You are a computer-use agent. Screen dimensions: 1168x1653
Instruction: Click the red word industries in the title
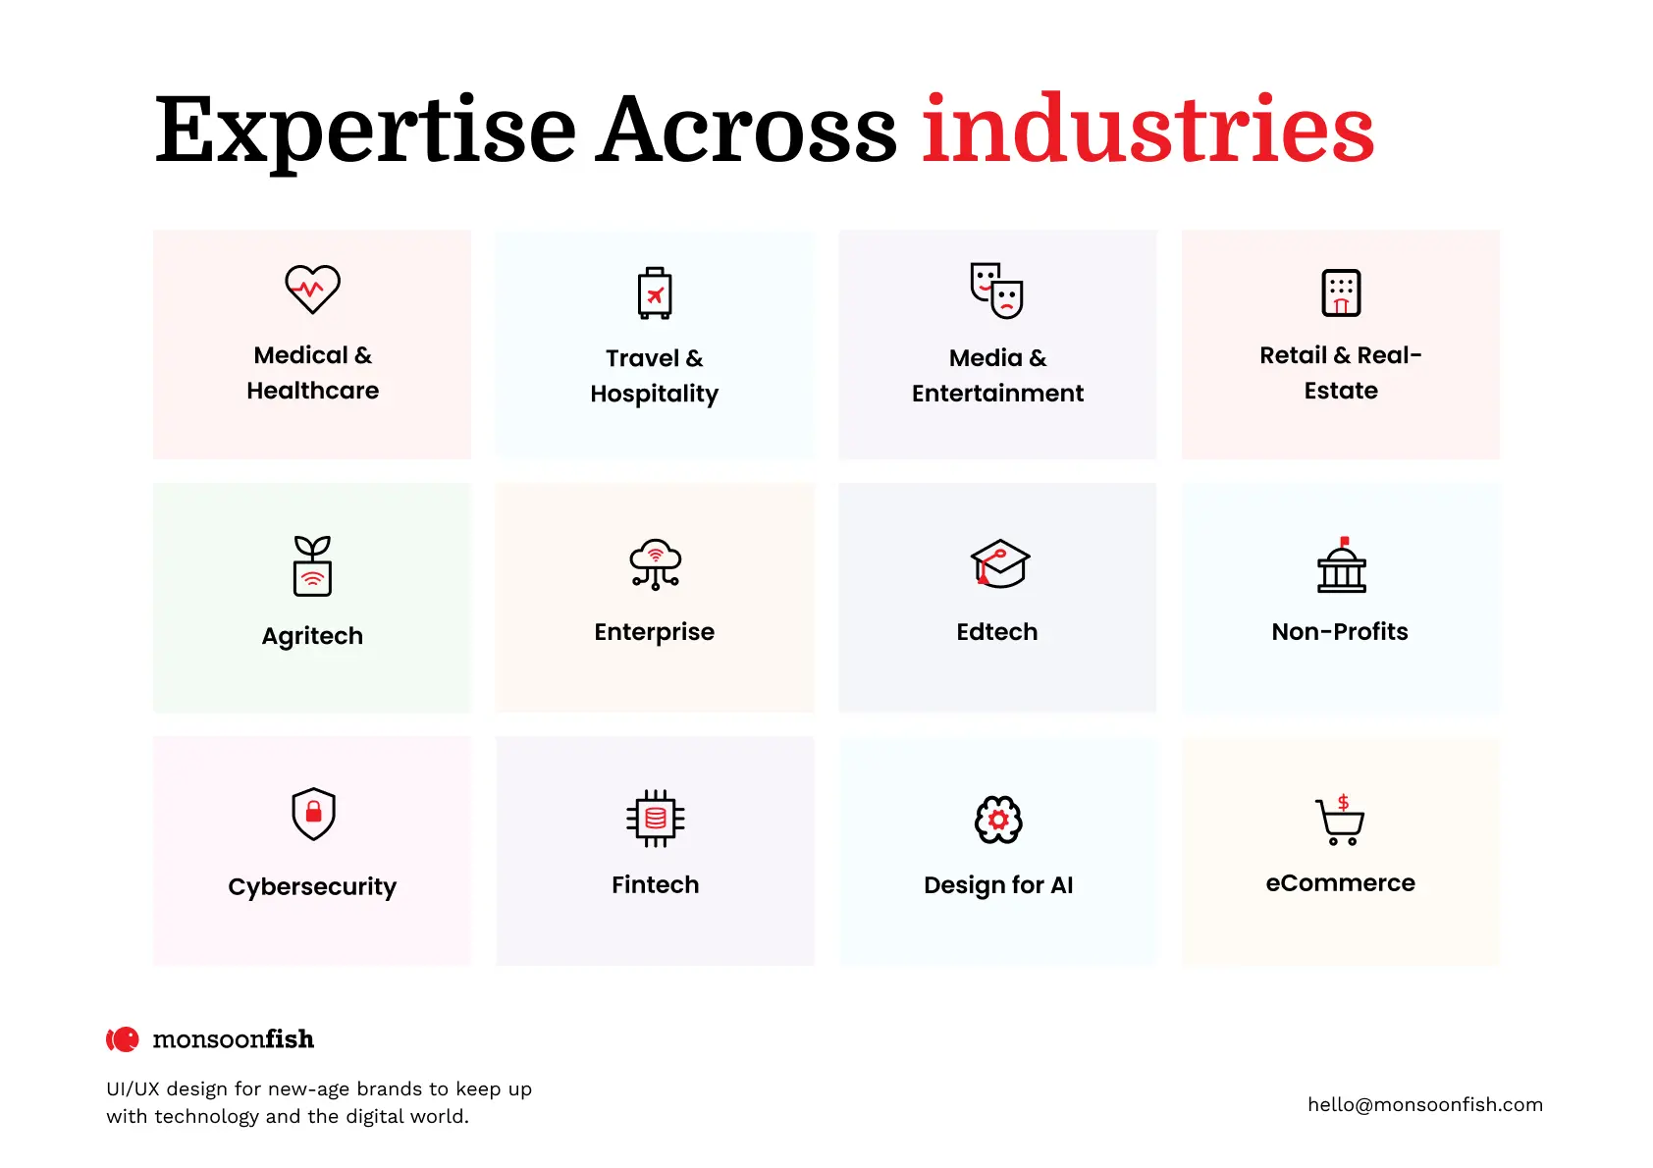click(1147, 130)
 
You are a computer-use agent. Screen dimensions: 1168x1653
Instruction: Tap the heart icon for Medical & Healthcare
click(312, 290)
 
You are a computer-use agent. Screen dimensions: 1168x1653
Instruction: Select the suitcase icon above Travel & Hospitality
click(655, 292)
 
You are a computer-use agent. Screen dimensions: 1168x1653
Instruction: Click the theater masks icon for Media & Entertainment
click(997, 291)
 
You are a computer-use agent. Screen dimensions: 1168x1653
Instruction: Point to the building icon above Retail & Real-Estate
click(1341, 292)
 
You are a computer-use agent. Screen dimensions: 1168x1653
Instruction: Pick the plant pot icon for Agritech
click(312, 566)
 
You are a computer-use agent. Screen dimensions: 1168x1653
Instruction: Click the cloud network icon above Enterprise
click(655, 564)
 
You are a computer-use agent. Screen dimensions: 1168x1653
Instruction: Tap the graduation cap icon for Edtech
click(999, 563)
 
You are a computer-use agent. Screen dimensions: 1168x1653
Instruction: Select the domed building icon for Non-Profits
click(1341, 565)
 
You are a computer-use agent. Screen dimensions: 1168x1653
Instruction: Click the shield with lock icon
click(313, 814)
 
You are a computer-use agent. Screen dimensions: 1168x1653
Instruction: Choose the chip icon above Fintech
click(655, 818)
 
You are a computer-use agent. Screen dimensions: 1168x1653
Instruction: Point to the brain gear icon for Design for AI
click(998, 820)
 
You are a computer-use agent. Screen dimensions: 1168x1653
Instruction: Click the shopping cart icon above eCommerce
click(1340, 821)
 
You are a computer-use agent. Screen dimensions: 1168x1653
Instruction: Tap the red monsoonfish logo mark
click(123, 1039)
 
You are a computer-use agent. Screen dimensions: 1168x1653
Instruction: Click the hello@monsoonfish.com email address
click(1424, 1105)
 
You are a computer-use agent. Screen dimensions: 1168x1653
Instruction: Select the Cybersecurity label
click(312, 887)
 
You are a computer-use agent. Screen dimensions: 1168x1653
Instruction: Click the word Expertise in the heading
click(365, 132)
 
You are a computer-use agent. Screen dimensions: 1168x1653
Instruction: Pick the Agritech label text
click(312, 636)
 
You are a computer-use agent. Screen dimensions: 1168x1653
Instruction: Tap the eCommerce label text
click(1340, 883)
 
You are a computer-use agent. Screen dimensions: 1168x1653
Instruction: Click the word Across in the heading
click(747, 130)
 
